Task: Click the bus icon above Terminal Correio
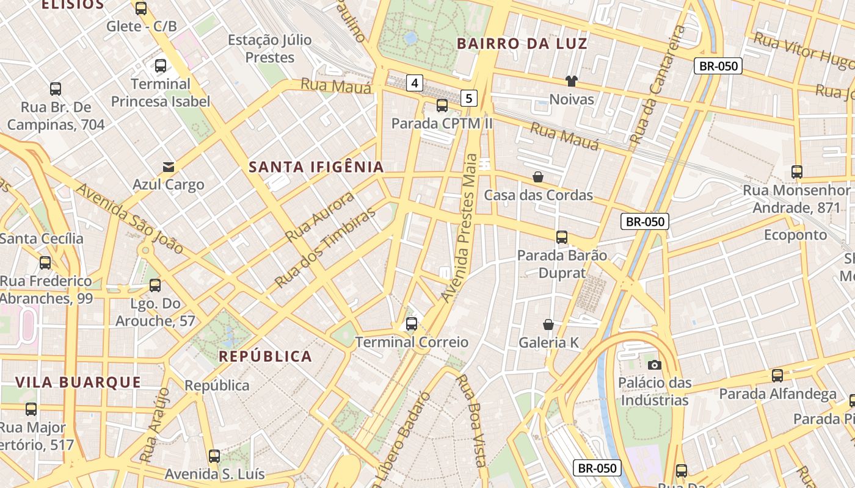[412, 324]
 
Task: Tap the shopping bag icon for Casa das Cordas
[538, 177]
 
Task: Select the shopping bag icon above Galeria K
[548, 325]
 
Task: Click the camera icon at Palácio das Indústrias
[655, 365]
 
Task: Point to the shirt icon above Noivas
[572, 81]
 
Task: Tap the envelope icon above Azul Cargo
[168, 167]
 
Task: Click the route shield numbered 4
[415, 83]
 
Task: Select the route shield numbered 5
[468, 98]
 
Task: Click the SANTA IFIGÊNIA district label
[316, 167]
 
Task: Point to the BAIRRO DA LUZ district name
[522, 44]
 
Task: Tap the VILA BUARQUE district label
[78, 382]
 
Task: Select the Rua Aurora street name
[320, 217]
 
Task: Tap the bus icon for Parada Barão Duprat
[562, 237]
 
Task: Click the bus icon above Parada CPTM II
[442, 106]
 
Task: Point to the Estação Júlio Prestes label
[270, 49]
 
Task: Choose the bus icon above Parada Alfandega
[777, 376]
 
